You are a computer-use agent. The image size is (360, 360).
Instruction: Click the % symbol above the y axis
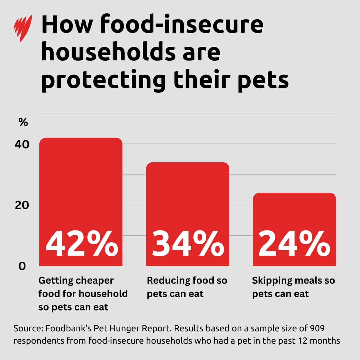pyautogui.click(x=23, y=122)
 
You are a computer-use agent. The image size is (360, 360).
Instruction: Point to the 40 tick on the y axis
pyautogui.click(x=22, y=145)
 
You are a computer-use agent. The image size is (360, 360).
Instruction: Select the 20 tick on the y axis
pyautogui.click(x=22, y=205)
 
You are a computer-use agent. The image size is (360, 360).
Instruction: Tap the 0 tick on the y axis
pyautogui.click(x=22, y=266)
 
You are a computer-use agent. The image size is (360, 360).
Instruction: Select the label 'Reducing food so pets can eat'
pyautogui.click(x=187, y=287)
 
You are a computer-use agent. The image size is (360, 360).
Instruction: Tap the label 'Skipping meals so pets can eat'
pyautogui.click(x=293, y=287)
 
